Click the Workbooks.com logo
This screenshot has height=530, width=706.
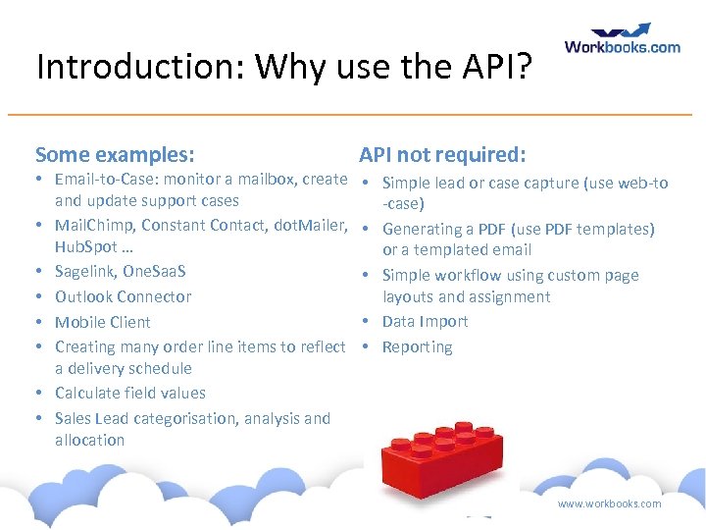click(622, 39)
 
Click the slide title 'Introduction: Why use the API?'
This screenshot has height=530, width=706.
click(284, 67)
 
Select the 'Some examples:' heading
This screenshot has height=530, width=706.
click(114, 154)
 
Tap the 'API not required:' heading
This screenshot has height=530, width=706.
click(442, 154)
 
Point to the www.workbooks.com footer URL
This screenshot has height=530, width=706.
click(609, 503)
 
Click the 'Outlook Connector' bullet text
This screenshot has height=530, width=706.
click(123, 296)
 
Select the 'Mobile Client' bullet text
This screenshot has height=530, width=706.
click(103, 322)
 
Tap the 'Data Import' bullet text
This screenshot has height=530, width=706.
click(425, 321)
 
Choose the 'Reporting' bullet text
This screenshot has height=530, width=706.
click(417, 346)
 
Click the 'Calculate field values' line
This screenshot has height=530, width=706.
click(130, 393)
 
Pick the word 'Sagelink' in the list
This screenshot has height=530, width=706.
click(85, 271)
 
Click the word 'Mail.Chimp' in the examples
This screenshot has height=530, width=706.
click(94, 225)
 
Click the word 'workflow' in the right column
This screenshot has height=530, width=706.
click(475, 275)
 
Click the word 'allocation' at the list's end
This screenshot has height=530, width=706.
click(90, 440)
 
